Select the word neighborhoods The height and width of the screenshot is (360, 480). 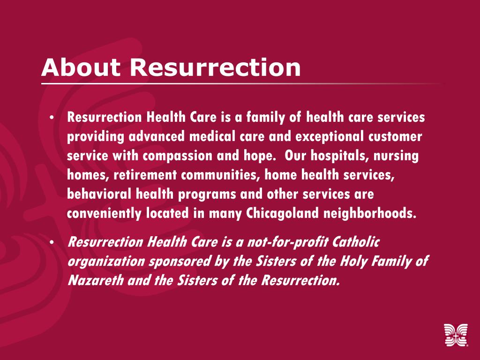pos(370,213)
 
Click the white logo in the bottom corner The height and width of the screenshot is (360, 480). pos(456,336)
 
